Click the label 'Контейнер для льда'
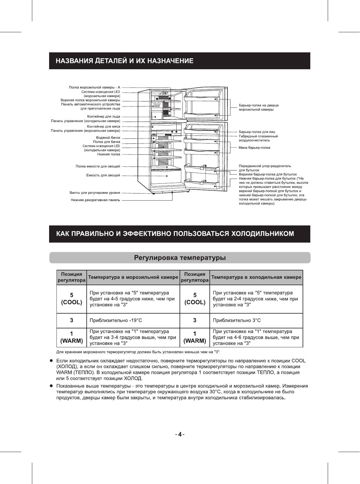104,117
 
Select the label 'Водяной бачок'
108,138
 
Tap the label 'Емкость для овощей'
103,176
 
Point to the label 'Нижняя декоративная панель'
95,200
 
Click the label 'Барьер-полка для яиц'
257,132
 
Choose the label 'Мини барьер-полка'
254,148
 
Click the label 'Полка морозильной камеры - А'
94,88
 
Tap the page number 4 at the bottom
180,435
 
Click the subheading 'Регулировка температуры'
180,258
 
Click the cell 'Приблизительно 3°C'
237,320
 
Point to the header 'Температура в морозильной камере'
133,278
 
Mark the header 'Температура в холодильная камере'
256,278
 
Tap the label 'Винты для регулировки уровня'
95,193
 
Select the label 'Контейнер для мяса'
104,126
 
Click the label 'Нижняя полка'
109,154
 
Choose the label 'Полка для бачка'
106,142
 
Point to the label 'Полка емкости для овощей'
98,167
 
